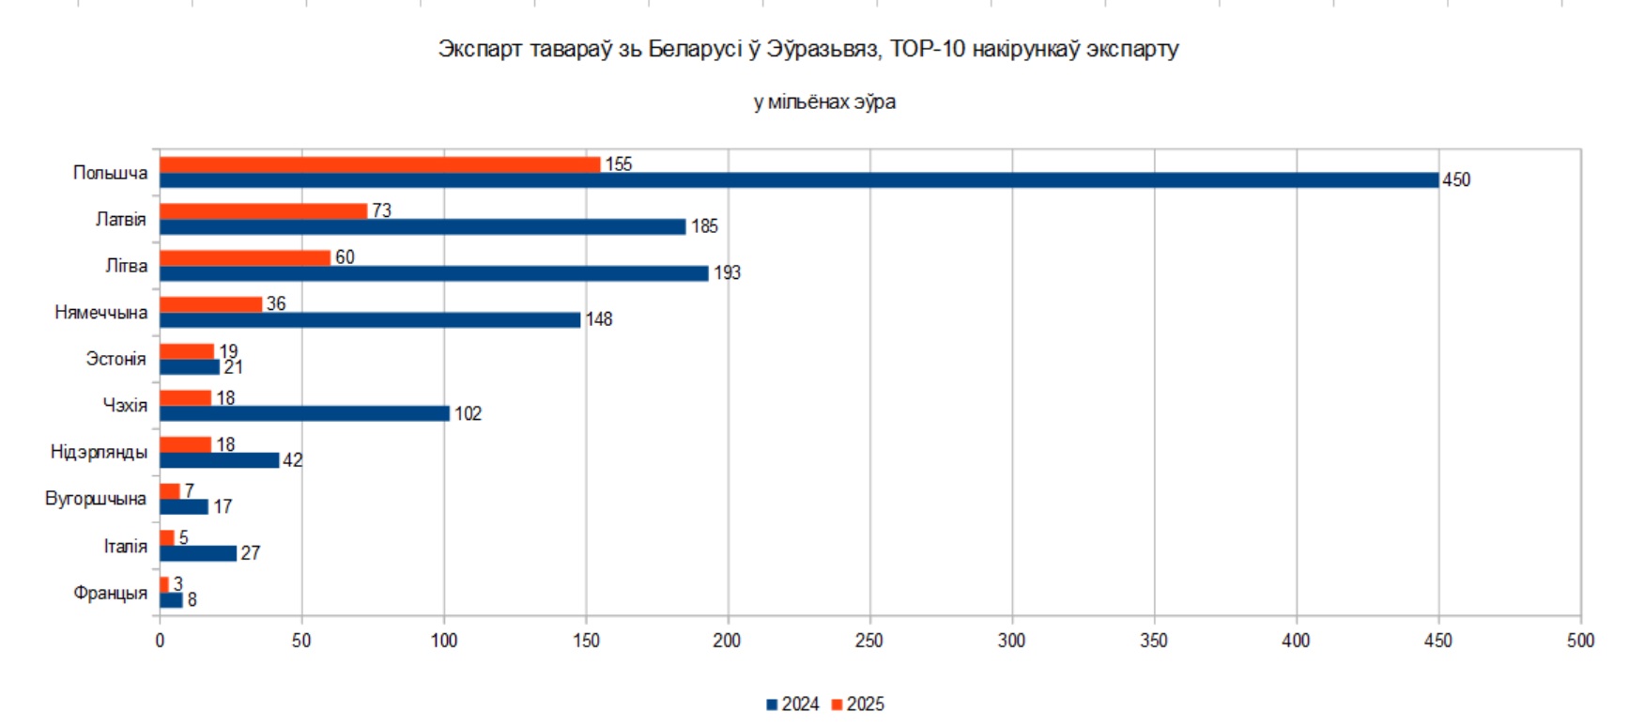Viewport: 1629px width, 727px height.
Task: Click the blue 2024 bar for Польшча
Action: coord(798,180)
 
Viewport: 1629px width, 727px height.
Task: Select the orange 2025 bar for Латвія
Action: coord(263,211)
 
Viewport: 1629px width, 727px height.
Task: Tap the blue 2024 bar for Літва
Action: coord(434,273)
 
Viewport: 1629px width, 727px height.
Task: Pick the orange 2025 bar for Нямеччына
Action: coord(210,304)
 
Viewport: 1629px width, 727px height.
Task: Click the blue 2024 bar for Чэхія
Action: coord(304,413)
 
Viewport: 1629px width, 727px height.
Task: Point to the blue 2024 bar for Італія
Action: coord(198,553)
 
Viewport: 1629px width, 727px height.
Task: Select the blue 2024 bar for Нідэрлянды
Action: coord(220,460)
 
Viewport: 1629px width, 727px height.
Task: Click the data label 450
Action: coord(1456,180)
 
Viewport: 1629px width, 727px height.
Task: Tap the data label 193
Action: coord(727,273)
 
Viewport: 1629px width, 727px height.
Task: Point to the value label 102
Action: coord(468,414)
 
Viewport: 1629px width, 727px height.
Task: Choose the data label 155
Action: coord(618,164)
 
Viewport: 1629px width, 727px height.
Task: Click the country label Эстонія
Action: coord(115,359)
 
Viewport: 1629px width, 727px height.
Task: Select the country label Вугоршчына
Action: coord(96,499)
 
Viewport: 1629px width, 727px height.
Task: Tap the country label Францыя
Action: coord(110,593)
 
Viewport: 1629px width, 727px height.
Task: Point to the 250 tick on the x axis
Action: coord(869,641)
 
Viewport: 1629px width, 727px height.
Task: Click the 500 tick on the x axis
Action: coord(1580,641)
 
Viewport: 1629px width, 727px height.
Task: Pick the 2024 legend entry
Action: coord(793,704)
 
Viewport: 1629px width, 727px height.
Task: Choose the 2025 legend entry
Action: coord(858,704)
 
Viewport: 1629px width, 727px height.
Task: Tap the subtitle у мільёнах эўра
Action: coord(824,101)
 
